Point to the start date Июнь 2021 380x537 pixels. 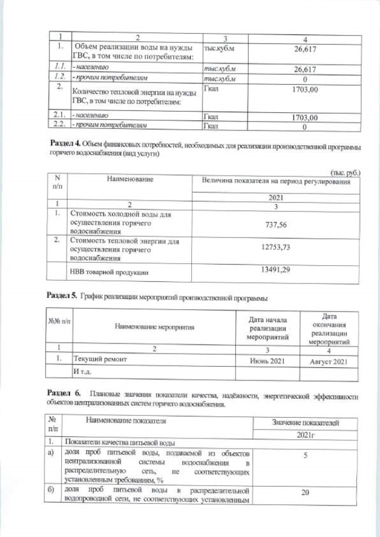tap(268, 360)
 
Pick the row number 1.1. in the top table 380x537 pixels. tap(58, 69)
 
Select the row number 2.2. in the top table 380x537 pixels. tap(58, 125)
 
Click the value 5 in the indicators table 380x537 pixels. tap(305, 456)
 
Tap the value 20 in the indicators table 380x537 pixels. tap(305, 492)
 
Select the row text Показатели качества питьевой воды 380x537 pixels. tap(119, 443)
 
